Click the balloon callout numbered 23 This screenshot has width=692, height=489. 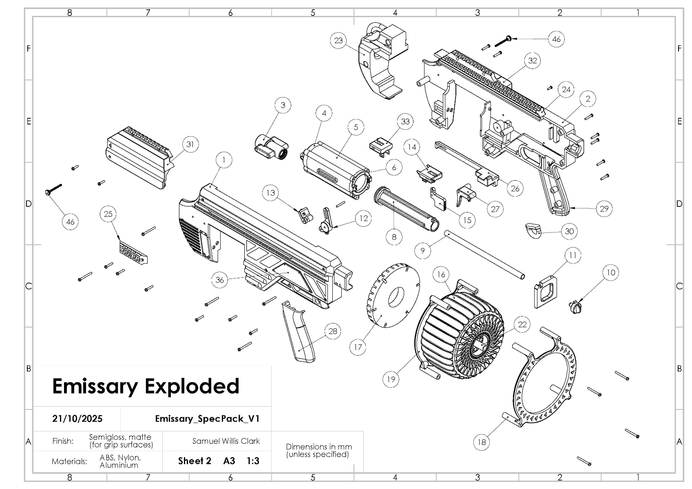pyautogui.click(x=338, y=40)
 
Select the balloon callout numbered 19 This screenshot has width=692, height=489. pyautogui.click(x=391, y=379)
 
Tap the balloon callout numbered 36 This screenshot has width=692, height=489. pyautogui.click(x=220, y=279)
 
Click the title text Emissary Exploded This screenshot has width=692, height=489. pyautogui.click(x=146, y=386)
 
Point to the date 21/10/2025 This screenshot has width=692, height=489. pyautogui.click(x=77, y=418)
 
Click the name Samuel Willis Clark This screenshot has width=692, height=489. pyautogui.click(x=226, y=441)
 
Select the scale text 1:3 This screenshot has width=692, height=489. pyautogui.click(x=253, y=461)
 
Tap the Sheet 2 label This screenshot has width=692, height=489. pyautogui.click(x=195, y=461)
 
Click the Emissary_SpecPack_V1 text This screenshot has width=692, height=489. pyautogui.click(x=207, y=418)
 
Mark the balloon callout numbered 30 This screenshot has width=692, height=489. pyautogui.click(x=569, y=231)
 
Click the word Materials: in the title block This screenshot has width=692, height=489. pyautogui.click(x=69, y=461)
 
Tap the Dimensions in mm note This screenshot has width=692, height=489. pyautogui.click(x=318, y=450)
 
